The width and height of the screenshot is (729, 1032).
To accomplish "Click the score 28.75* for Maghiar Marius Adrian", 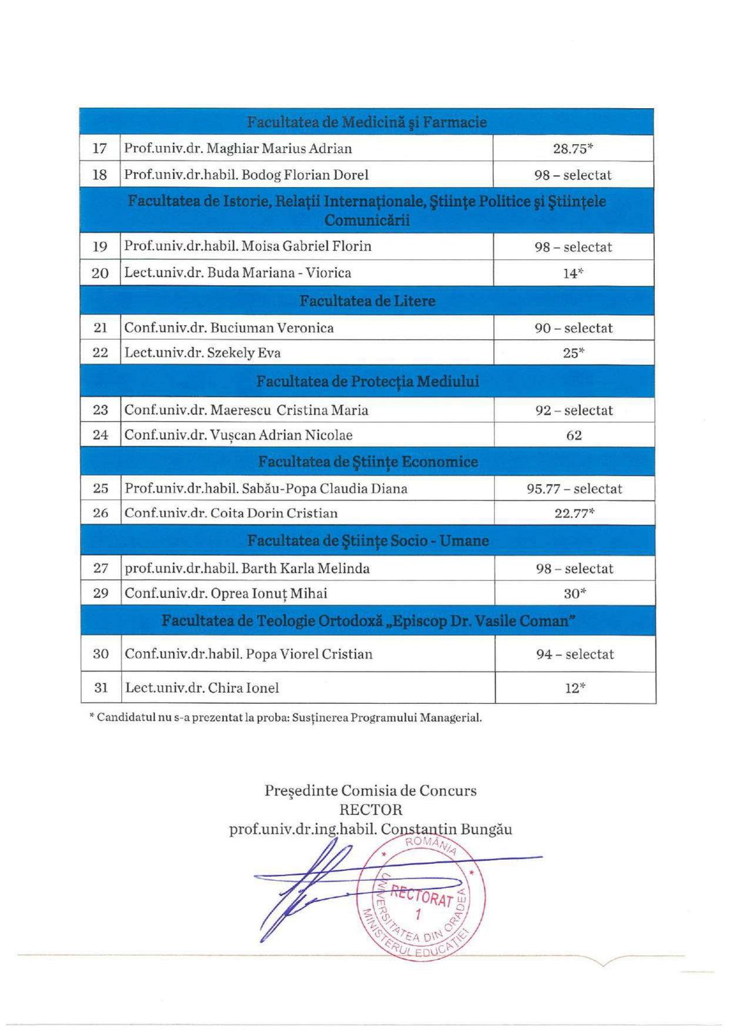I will pos(573,149).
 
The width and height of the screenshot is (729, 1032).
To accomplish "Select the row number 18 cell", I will pos(100,175).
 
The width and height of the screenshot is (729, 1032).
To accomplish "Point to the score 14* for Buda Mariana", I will pos(573,273).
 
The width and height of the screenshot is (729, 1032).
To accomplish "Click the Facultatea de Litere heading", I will pos(367,301).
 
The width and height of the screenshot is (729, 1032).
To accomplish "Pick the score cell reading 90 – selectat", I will pos(573,328).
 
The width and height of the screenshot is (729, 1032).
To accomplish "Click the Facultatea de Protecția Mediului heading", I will pos(367,382).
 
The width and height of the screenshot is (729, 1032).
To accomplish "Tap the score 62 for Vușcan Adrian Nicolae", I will pos(574,435).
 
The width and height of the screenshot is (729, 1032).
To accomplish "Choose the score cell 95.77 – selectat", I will pos(574,489).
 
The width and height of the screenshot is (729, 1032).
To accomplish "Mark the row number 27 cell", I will pos(101,568).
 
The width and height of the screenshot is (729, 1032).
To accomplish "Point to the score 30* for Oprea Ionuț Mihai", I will pos(574,593).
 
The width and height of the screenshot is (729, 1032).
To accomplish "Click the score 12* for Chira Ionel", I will pos(575,688).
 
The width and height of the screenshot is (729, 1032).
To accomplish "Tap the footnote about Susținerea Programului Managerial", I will pos(285,718).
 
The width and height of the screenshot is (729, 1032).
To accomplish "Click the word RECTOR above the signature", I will pos(370,810).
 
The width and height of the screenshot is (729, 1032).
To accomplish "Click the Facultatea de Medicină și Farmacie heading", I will pos(367,122).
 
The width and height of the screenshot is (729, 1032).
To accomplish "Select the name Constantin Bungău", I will pos(446,829).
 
